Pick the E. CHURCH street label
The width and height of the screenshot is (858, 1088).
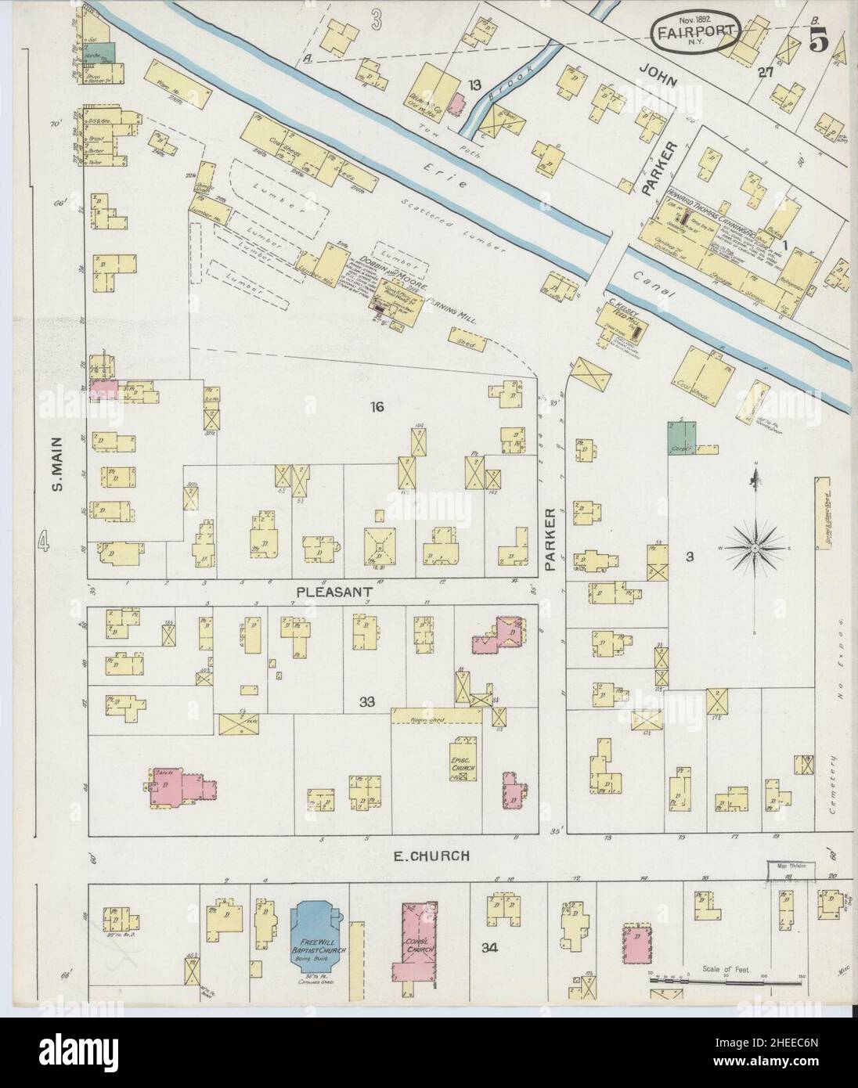click(x=431, y=856)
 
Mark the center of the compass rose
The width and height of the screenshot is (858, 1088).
click(x=754, y=549)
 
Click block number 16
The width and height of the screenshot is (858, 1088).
click(x=378, y=406)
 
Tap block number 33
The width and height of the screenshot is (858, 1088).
click(x=366, y=702)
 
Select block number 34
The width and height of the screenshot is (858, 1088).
click(x=489, y=948)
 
